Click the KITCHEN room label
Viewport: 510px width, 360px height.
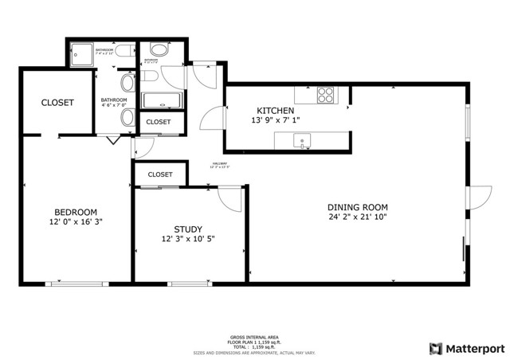click(276, 110)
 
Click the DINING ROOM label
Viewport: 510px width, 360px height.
click(357, 205)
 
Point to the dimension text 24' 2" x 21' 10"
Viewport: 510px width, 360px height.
click(357, 217)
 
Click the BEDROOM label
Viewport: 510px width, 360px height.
click(76, 211)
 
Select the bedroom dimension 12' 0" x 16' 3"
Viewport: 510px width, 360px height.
click(76, 222)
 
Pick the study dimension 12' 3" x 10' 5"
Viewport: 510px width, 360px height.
click(188, 238)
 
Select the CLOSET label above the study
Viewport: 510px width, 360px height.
click(160, 174)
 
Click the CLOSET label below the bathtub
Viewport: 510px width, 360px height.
click(158, 122)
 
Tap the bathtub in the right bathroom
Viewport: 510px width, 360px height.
click(162, 101)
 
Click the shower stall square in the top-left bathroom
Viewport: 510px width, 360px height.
click(81, 53)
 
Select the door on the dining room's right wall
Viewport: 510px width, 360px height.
click(479, 200)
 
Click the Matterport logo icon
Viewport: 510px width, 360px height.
click(435, 348)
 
